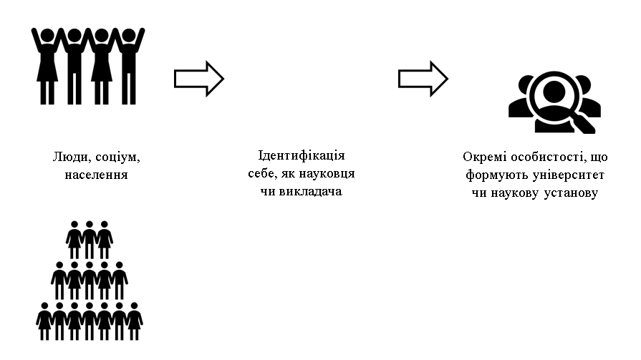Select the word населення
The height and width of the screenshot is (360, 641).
tap(97, 175)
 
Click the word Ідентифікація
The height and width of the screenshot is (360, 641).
tap(302, 156)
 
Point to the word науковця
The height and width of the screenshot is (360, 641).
tap(327, 174)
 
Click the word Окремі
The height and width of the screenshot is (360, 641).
tap(485, 157)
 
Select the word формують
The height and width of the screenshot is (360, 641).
tap(497, 175)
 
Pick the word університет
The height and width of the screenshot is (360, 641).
tap(569, 175)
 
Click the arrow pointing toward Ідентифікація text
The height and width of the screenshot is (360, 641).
tap(199, 79)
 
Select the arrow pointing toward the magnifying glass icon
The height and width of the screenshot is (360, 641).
tap(423, 79)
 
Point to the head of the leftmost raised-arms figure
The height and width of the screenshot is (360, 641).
tap(48, 35)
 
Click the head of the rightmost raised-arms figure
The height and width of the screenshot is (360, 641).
tap(128, 35)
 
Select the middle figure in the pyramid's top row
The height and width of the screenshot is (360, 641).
tap(89, 240)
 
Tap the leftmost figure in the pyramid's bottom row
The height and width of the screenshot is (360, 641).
tap(44, 321)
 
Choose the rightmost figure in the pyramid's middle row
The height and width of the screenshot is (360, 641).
tap(120, 281)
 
